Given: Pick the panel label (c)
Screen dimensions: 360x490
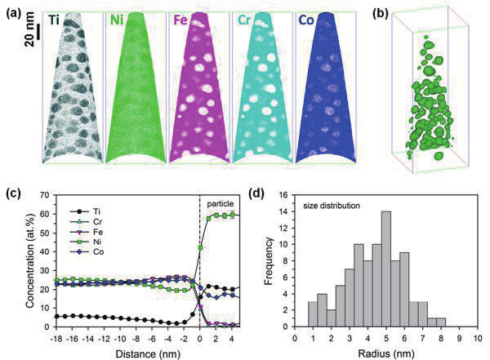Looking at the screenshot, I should click(x=11, y=193).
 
